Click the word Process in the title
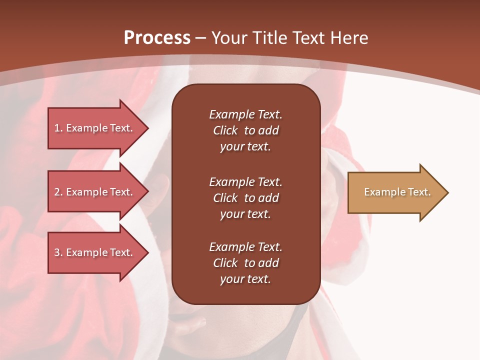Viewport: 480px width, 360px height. tap(157, 38)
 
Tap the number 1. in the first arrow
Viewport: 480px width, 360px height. tap(58, 128)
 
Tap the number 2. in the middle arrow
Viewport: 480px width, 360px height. tap(58, 192)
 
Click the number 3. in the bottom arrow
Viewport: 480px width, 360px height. tap(58, 252)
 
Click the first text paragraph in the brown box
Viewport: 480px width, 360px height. tap(245, 130)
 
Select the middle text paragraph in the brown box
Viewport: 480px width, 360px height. tap(245, 198)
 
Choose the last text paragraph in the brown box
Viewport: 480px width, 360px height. tap(245, 263)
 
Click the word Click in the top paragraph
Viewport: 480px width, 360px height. tap(225, 130)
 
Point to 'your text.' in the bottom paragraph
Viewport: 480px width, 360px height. tap(245, 279)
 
